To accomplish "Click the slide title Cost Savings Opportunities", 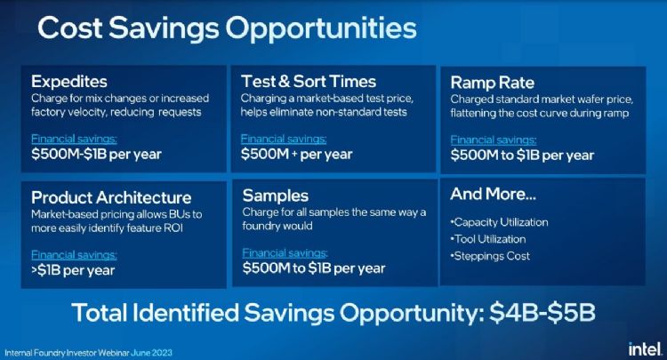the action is (227, 29).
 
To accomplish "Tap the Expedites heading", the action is (68, 82).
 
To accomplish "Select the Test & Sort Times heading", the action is (309, 81).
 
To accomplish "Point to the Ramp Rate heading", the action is (492, 83).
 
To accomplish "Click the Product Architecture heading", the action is (111, 197).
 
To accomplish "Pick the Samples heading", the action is (275, 196).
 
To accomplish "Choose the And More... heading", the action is (493, 195).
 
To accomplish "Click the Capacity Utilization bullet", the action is (499, 222).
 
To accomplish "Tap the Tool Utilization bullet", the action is (488, 239).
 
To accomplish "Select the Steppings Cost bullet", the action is (490, 256).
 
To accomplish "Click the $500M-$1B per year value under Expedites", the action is (96, 155).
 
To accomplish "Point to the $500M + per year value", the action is (296, 155).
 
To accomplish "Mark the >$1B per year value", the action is (73, 270).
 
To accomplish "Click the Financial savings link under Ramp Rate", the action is (494, 140).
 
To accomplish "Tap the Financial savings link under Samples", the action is (285, 253).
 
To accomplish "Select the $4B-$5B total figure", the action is (542, 313).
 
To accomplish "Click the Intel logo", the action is (646, 349).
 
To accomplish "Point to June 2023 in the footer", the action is (151, 353).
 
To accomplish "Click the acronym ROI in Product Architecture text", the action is (173, 228).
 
